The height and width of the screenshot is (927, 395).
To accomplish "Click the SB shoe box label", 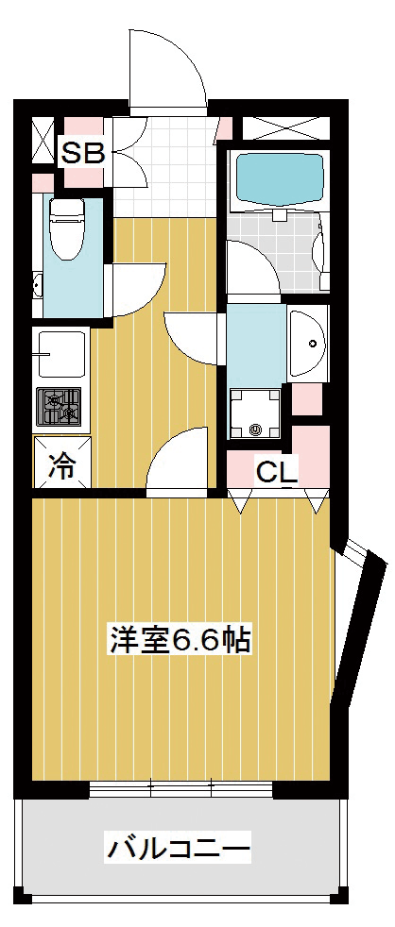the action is pos(83,154).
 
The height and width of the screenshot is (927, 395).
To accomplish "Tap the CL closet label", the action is pos(276,470).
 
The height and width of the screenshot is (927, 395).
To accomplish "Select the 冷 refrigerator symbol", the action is pos(61,463).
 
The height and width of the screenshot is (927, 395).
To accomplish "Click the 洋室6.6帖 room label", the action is pos(180,638).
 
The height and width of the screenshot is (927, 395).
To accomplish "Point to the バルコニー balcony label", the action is pos(179,849).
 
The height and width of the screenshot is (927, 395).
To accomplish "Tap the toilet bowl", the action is pos(67,228).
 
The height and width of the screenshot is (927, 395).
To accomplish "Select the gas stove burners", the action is pos(60,406).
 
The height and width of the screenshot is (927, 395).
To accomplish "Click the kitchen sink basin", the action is pos(61,353).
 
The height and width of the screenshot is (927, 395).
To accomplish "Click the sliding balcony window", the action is pos(180,789).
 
